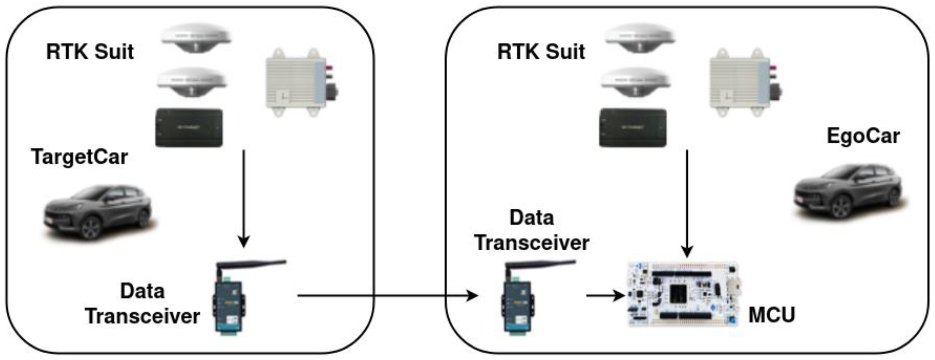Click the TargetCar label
(x=79, y=157)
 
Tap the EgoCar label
(x=863, y=136)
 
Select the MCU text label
(x=771, y=315)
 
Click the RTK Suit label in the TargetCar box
(x=90, y=52)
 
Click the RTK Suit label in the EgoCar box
(x=541, y=52)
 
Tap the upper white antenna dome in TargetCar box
(x=196, y=38)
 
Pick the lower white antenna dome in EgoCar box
(x=635, y=82)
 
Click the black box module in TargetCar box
(x=189, y=128)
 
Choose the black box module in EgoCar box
(x=632, y=128)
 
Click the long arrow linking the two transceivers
(x=385, y=296)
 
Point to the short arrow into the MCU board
(x=604, y=295)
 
